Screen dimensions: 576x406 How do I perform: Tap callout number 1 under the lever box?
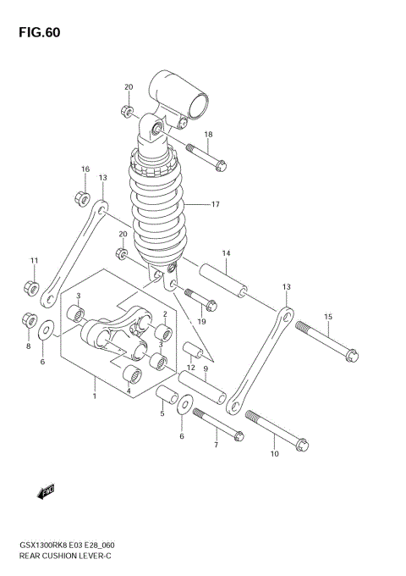click(95, 396)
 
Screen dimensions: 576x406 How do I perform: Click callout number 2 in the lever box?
click(153, 313)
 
